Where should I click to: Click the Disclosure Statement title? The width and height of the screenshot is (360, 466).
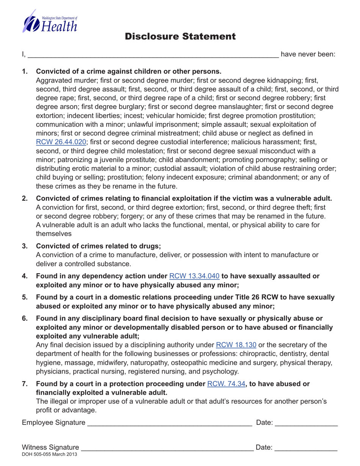pyautogui.click(x=180, y=37)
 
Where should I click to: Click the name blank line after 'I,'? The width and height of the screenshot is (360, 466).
pyautogui.click(x=153, y=55)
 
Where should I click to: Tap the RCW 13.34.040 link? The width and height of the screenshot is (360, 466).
pyautogui.click(x=194, y=276)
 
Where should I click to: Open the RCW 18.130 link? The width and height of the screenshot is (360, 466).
pyautogui.click(x=236, y=345)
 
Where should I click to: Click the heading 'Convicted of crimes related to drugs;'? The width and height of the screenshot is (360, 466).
pyautogui.click(x=99, y=246)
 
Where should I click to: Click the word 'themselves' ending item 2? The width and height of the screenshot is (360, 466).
pyautogui.click(x=53, y=234)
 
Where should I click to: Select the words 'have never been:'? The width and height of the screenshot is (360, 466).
pyautogui.click(x=308, y=54)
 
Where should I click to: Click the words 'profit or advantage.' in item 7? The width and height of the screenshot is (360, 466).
pyautogui.click(x=66, y=410)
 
